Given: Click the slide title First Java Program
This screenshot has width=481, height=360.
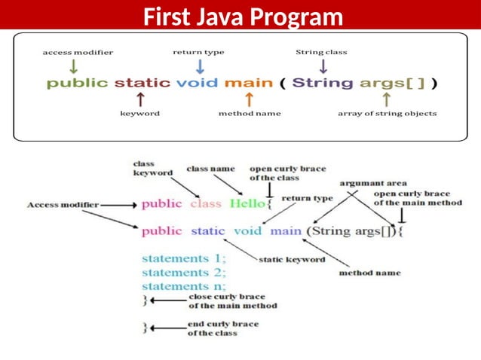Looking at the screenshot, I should (x=242, y=16).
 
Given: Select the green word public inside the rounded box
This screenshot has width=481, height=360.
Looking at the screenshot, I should (x=78, y=83).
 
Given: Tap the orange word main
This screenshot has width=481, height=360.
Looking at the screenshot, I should (x=248, y=83).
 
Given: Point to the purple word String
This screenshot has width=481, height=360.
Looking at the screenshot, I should (x=323, y=83).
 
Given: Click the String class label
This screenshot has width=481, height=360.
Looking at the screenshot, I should (x=320, y=52).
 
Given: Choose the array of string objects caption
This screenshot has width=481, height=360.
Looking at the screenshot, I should (x=387, y=114).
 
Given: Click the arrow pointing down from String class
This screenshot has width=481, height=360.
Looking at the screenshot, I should (x=323, y=66).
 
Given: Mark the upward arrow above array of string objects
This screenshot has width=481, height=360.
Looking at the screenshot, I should (x=387, y=99).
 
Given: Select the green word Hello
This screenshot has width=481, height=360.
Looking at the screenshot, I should (x=247, y=203).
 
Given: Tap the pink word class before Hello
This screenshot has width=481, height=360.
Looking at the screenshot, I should (x=206, y=203).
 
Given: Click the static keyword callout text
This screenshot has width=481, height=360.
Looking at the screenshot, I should (x=292, y=260).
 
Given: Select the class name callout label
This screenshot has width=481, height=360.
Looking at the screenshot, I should (x=210, y=169).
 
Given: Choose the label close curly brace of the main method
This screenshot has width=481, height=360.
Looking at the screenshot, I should (x=231, y=301).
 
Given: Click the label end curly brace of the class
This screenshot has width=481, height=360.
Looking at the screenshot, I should (x=222, y=328).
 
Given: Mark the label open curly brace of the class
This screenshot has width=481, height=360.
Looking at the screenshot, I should (x=287, y=173).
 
